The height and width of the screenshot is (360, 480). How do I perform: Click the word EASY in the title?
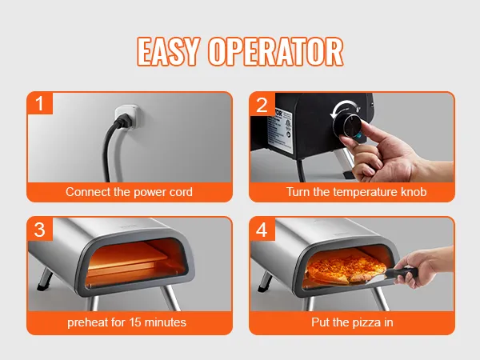168,51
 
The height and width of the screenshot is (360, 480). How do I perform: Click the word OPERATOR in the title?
275,51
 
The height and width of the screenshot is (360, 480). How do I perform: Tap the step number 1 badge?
40,103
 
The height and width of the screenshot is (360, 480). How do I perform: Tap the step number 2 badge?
262,104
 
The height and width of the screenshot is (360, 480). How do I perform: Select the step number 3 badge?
40,230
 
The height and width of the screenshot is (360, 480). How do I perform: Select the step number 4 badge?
262,230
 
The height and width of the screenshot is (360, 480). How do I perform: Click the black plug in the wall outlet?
123,120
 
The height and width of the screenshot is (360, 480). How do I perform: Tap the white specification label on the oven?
280,131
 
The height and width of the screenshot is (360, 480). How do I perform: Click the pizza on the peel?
346,269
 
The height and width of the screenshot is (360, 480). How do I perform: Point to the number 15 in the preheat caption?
134,322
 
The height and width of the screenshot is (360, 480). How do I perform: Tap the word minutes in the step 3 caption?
165,322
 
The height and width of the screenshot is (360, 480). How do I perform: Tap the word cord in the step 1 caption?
181,192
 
